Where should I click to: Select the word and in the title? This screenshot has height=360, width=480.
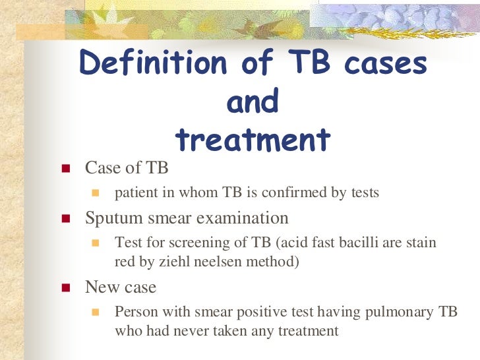(253, 102)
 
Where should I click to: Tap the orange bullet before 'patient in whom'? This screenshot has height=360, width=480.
(95, 194)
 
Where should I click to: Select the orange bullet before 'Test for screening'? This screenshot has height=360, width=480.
(95, 243)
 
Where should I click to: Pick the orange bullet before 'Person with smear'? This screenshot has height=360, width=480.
(95, 313)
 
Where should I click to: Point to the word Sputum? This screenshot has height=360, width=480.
(109, 218)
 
